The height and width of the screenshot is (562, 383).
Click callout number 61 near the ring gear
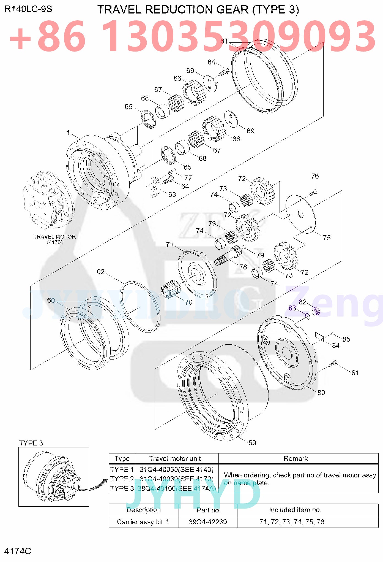(224, 41)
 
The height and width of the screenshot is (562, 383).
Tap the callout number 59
(252, 442)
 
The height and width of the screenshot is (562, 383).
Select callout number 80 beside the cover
(321, 393)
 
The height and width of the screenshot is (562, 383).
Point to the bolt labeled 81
(332, 364)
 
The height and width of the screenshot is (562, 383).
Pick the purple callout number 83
(292, 308)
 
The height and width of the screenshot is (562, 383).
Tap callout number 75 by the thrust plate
(327, 237)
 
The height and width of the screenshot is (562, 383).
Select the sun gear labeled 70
(170, 289)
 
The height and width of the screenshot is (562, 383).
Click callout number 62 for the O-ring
(100, 272)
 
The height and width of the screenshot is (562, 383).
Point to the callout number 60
(51, 300)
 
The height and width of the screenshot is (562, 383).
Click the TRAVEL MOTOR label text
(54, 237)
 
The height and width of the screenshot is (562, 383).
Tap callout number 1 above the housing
(68, 133)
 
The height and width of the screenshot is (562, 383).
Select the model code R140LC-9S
(28, 9)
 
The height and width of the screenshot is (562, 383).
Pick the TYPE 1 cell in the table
(122, 469)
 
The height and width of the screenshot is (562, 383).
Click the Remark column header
(295, 458)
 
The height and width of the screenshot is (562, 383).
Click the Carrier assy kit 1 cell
(142, 522)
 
